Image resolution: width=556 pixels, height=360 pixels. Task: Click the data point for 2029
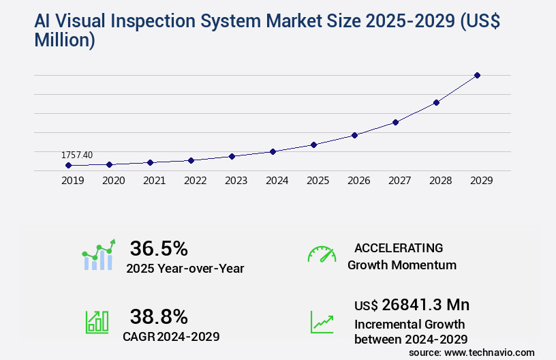click(477, 75)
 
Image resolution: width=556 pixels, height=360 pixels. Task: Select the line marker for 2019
click(68, 165)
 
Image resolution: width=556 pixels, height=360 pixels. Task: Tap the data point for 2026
click(354, 135)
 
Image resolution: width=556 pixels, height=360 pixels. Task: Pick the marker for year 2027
click(395, 122)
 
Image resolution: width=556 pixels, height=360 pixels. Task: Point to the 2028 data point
click(436, 102)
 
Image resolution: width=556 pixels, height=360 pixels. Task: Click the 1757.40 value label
click(77, 155)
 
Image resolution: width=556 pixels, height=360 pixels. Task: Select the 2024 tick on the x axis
click(277, 181)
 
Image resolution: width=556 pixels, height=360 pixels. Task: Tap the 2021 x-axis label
click(154, 181)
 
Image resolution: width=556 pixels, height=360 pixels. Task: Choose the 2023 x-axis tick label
click(236, 181)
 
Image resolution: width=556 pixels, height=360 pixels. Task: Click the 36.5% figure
click(159, 249)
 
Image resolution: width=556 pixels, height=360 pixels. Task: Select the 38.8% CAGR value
click(159, 316)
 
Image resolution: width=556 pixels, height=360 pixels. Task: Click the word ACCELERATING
click(399, 248)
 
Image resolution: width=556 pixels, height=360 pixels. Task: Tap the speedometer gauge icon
click(322, 254)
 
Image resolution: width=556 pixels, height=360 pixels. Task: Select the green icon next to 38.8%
click(96, 322)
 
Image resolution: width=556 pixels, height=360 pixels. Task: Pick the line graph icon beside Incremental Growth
click(322, 322)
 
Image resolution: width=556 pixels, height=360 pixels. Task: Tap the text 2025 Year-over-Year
click(185, 269)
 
